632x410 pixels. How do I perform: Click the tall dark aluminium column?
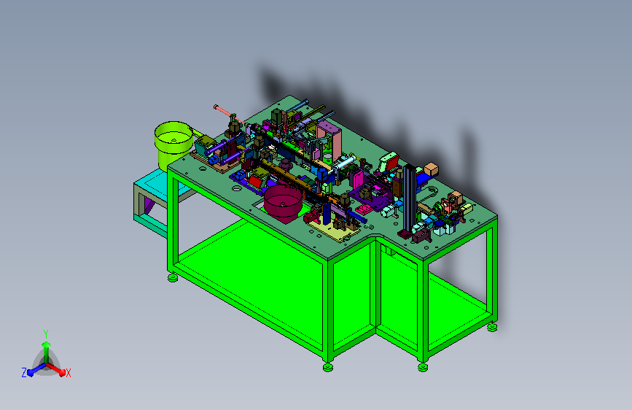(410, 198)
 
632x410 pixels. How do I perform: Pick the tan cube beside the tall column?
(431, 169)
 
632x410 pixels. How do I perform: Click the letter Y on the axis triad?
(46, 334)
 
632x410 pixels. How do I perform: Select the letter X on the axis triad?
(68, 373)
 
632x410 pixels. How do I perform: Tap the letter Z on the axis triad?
(24, 373)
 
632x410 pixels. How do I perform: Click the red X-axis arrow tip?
(62, 372)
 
